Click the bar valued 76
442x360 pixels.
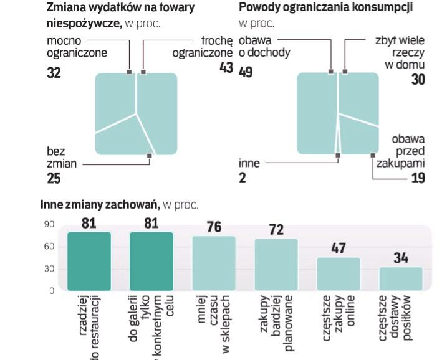pyautogui.click(x=214, y=263)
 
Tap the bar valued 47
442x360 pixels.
pyautogui.click(x=339, y=273)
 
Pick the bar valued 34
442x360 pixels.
pyautogui.click(x=401, y=278)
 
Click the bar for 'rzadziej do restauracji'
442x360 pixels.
pyautogui.click(x=89, y=261)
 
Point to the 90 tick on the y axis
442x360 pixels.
pyautogui.click(x=49, y=224)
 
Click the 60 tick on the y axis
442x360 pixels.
pyautogui.click(x=49, y=247)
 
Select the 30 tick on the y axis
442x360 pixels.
pyautogui.click(x=49, y=269)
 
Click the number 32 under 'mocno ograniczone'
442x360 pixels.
pyautogui.click(x=54, y=72)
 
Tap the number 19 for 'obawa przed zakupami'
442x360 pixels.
pyautogui.click(x=418, y=179)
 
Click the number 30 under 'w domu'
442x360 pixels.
pyautogui.click(x=418, y=79)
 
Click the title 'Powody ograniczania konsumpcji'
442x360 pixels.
pyautogui.click(x=325, y=8)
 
